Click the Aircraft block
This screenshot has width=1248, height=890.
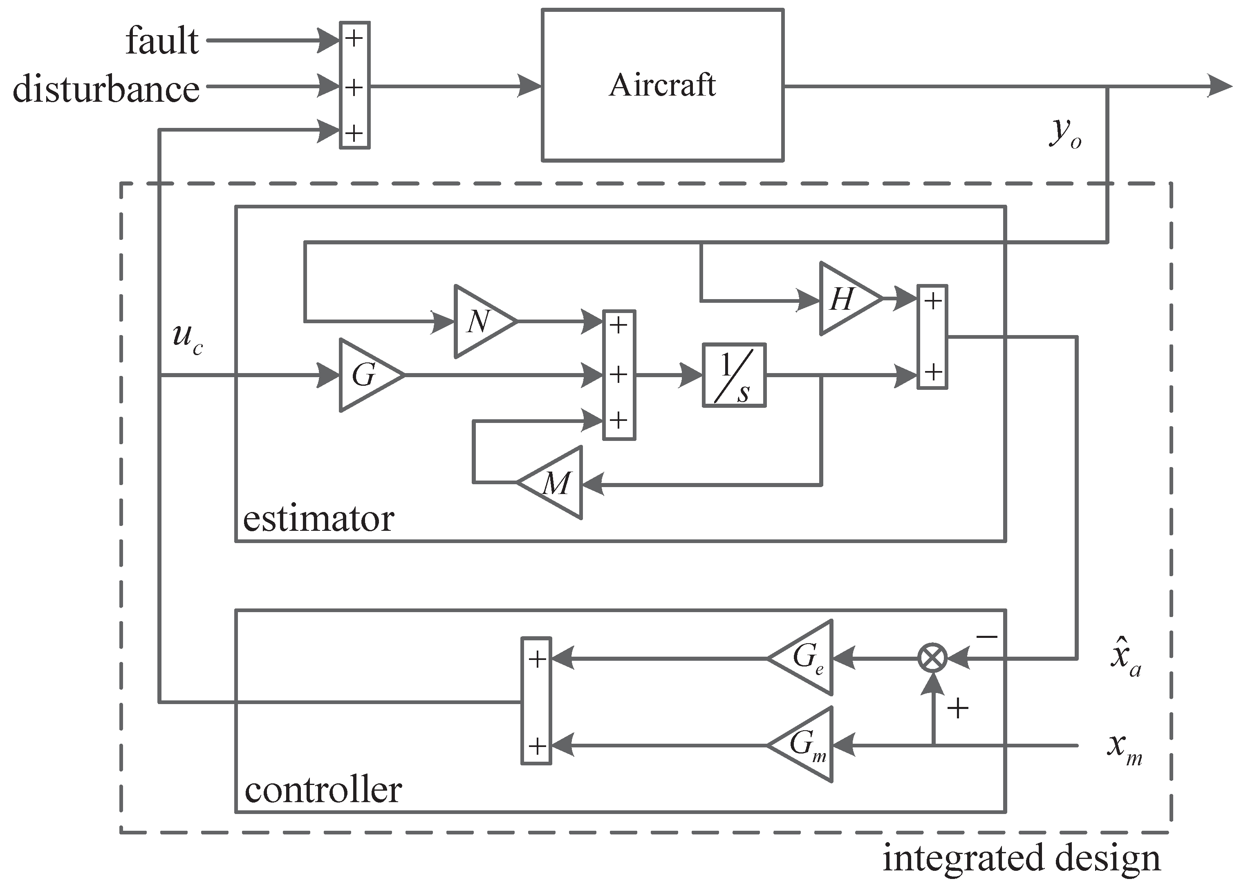pos(662,85)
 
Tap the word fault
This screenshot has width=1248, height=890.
pos(162,41)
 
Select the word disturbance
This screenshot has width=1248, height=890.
pos(106,89)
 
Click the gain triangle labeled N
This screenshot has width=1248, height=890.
pos(479,322)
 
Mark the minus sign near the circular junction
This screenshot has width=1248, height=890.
pos(986,636)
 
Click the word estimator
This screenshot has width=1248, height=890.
pos(318,519)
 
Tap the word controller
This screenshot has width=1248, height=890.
pos(323,790)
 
